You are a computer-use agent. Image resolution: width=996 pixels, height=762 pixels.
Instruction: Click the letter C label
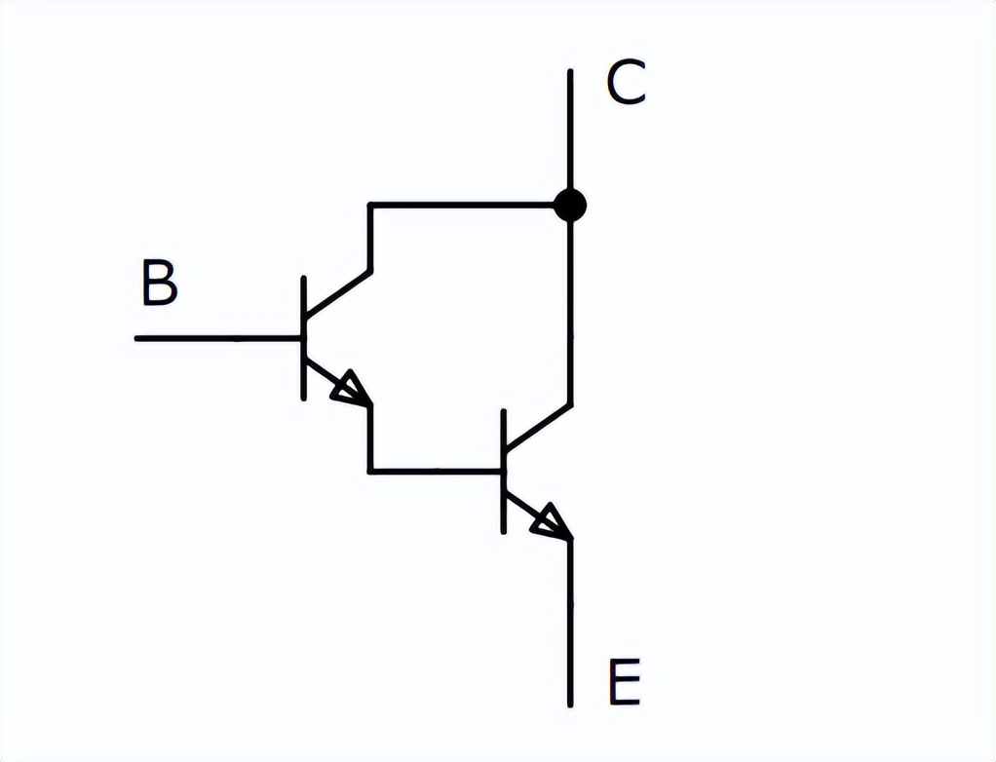pos(626,84)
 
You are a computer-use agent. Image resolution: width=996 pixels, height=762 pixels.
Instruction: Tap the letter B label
pos(159,284)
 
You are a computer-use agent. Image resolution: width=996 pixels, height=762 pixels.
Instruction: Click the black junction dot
pos(570,205)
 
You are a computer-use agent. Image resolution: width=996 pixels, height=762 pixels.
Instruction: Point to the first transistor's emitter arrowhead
pos(351,390)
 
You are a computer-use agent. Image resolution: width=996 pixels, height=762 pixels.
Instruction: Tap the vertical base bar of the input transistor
pos(304,337)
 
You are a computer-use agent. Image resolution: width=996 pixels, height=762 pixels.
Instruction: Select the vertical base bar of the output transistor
pos(504,472)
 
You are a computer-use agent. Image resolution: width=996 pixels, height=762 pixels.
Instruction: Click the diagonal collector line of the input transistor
pos(337,294)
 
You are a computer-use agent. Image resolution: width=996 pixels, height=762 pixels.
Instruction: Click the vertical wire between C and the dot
pos(570,132)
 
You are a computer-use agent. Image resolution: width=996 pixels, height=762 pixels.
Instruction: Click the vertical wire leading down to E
pos(570,624)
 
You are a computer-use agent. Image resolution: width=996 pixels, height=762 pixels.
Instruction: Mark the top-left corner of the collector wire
pos(370,205)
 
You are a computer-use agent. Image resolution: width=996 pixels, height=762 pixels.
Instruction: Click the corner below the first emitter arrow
pos(370,472)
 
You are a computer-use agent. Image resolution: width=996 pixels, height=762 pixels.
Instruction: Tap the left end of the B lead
pos(137,338)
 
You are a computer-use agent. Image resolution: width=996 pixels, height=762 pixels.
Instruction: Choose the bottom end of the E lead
pos(570,704)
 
